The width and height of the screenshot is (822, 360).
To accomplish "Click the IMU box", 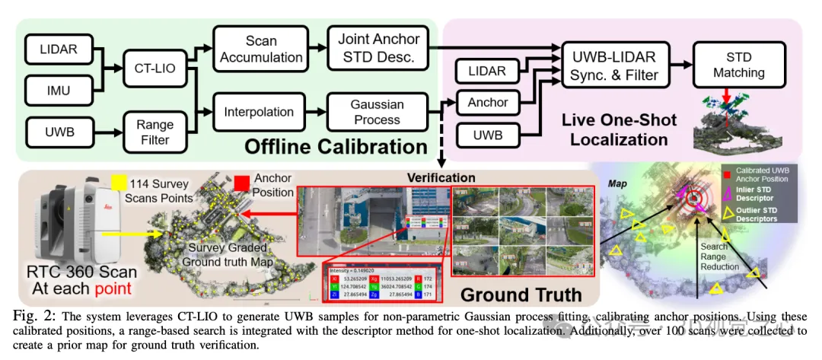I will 59,91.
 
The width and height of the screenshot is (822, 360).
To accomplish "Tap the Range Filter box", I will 155,132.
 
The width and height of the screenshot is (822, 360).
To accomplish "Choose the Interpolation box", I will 259,112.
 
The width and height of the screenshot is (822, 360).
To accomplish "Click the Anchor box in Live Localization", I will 487,103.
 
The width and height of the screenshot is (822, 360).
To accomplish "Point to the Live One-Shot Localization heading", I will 614,130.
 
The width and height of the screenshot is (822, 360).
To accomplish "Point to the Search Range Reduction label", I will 719,256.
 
